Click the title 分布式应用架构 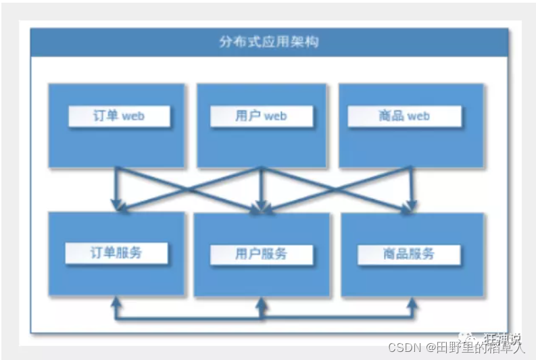click(x=269, y=42)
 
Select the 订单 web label click(x=119, y=116)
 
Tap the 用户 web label click(x=262, y=116)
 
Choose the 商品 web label click(x=404, y=116)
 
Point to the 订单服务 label click(x=116, y=253)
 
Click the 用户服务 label click(x=262, y=254)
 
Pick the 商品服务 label click(x=408, y=254)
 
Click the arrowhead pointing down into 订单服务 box click(x=116, y=205)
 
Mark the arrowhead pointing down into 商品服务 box click(x=408, y=207)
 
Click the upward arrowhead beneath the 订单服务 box click(x=116, y=303)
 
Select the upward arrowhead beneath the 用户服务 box click(x=262, y=303)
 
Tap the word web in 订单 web click(x=133, y=116)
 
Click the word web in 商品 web click(x=418, y=116)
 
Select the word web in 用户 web click(x=276, y=116)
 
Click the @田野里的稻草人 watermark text click(x=475, y=347)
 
